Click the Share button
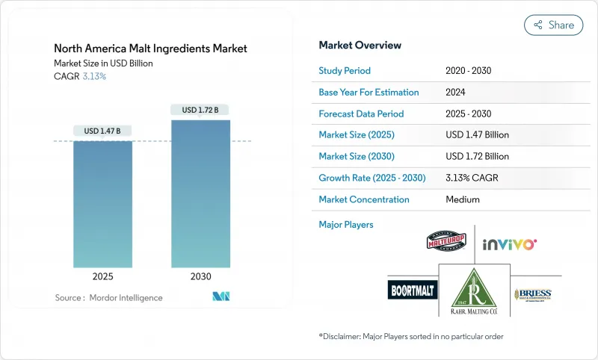coord(554,25)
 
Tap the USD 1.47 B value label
coord(102,131)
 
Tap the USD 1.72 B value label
coord(200,110)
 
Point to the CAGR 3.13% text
coord(81,76)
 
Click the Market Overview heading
coord(360,45)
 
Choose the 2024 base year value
coord(456,93)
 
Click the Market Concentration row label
coord(364,199)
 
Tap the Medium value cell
coord(462,199)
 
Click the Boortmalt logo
coord(413,290)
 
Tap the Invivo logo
coord(510,243)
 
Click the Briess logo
coord(536,294)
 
